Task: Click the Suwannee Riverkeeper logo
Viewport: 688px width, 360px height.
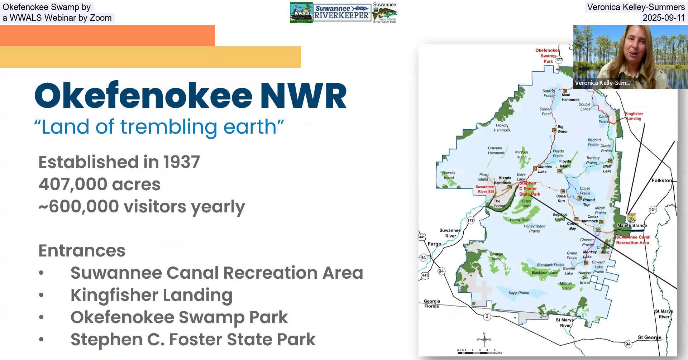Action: click(x=341, y=13)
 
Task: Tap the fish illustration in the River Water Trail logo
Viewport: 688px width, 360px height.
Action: click(x=384, y=14)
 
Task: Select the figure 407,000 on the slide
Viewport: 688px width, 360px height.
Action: click(x=73, y=184)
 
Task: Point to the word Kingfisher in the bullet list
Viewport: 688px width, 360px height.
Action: click(x=114, y=295)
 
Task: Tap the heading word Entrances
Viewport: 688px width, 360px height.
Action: click(x=82, y=250)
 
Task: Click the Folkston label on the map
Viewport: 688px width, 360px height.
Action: click(x=661, y=181)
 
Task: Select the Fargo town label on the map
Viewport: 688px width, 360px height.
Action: click(x=434, y=244)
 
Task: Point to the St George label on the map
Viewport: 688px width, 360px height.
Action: click(x=649, y=337)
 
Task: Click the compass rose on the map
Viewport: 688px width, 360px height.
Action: click(x=484, y=339)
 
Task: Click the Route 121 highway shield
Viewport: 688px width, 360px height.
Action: click(x=653, y=210)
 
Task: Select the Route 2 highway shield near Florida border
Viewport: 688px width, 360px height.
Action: click(x=487, y=316)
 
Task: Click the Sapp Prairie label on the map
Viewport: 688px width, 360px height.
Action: click(x=519, y=293)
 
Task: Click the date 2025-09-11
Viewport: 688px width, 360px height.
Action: click(x=663, y=18)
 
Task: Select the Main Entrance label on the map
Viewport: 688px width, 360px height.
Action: click(x=632, y=225)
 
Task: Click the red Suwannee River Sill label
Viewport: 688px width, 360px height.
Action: click(x=485, y=189)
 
